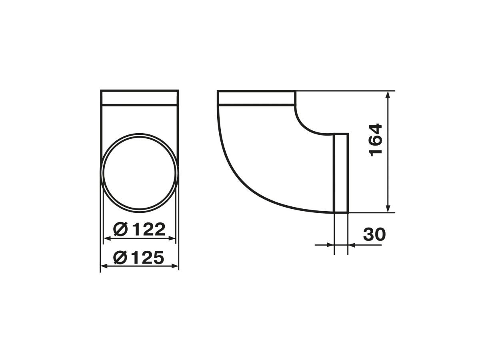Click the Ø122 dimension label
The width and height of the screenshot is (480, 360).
click(139, 229)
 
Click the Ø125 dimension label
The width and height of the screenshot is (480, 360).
click(139, 257)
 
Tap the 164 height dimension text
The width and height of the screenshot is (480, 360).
click(375, 140)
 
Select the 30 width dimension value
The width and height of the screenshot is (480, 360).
click(374, 234)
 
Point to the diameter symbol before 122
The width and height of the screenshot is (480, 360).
click(120, 229)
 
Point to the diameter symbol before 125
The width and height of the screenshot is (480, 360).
click(120, 257)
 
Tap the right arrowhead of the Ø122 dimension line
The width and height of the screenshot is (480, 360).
click(172, 238)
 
